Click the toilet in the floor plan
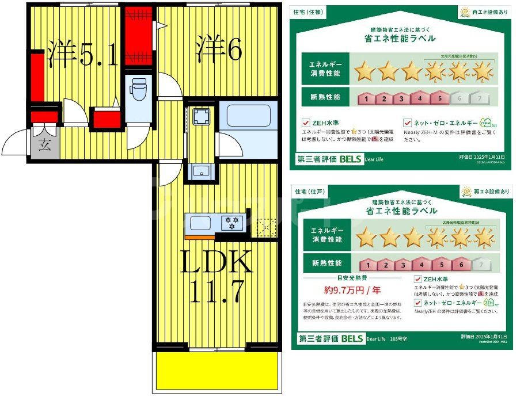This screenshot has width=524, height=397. pos(138,90)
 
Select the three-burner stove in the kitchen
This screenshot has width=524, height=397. pos(233,222)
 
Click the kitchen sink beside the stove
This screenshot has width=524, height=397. pos(200,223)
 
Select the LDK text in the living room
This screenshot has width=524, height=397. pos(216,262)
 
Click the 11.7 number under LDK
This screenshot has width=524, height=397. pos(216,292)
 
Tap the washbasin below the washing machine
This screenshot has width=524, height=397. pos(203,170)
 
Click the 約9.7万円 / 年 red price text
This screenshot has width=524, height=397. pos(343,289)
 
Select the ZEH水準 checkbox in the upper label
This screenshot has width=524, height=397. pos(306,123)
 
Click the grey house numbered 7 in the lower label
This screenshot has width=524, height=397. pos(477,265)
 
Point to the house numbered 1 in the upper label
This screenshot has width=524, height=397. pos(366,98)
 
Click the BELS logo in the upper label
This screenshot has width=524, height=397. pos(350,158)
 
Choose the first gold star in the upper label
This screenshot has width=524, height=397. pos(364,72)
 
